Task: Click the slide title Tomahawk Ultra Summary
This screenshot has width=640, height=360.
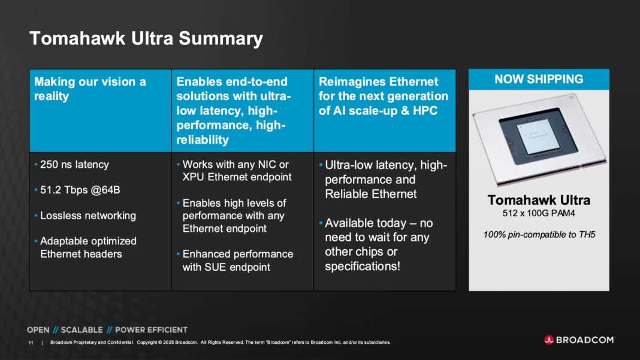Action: coord(146,39)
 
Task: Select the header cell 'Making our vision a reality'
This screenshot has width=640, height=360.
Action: coord(90,89)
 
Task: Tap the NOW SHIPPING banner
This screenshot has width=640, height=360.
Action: coord(538,79)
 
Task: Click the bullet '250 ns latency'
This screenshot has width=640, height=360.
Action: coord(74,165)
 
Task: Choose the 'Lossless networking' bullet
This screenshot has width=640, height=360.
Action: coord(88,216)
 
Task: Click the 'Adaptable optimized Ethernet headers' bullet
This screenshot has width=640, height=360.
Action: coord(88,247)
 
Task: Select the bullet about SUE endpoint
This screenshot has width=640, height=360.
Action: coord(238,261)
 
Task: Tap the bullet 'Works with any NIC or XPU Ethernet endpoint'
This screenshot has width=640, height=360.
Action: coord(236,171)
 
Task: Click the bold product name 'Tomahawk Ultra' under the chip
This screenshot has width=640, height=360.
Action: coord(539,200)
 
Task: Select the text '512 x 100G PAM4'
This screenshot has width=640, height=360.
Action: coord(539,213)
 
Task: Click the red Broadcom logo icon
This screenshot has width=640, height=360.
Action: coord(549,340)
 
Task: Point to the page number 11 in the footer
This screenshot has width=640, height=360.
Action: coord(31,343)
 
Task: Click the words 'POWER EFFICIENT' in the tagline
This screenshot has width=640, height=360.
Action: coord(151,329)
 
